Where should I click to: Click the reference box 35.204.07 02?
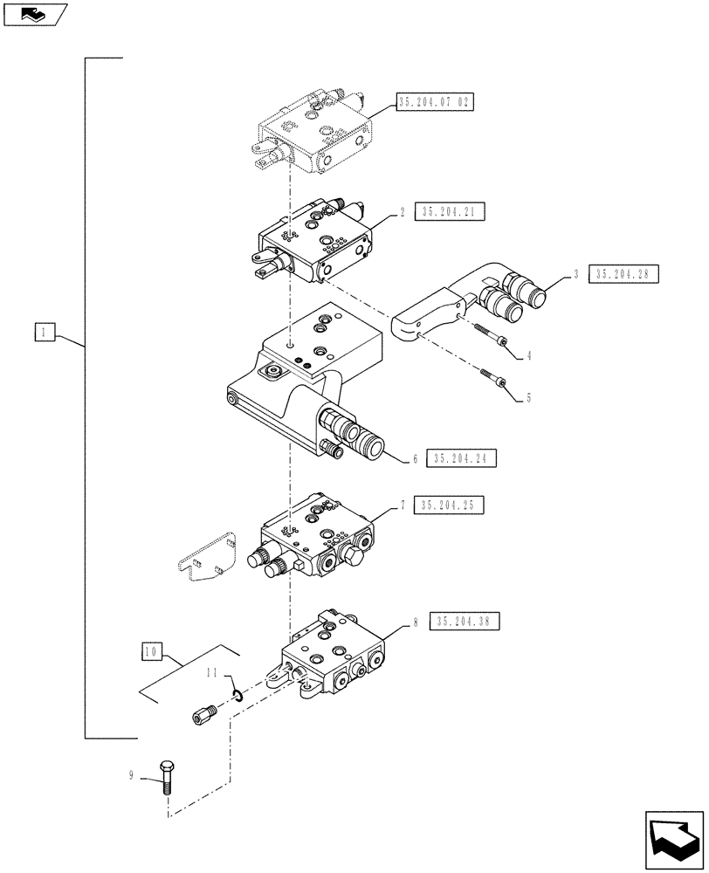434,102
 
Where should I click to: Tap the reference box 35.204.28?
623,274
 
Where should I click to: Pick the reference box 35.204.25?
451,505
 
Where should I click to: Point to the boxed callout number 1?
45,332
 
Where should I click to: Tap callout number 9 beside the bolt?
131,774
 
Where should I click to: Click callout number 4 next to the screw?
527,355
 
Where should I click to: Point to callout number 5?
527,398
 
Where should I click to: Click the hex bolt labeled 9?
166,776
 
